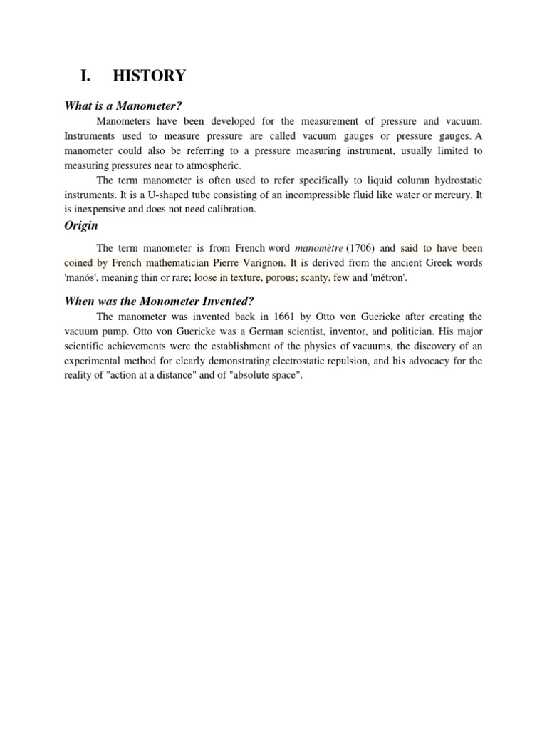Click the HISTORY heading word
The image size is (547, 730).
[x=154, y=76]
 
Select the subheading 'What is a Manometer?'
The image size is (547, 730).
[x=118, y=106]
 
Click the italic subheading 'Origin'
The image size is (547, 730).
[x=81, y=225]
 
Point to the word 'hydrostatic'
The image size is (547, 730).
[x=456, y=180]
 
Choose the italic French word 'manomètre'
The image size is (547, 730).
[x=318, y=248]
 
